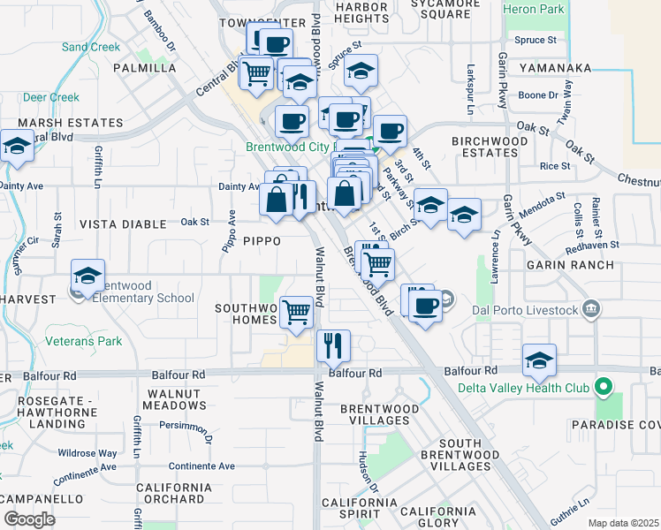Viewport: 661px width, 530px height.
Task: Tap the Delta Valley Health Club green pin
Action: tap(604, 387)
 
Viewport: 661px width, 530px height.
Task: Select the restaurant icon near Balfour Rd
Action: tap(333, 345)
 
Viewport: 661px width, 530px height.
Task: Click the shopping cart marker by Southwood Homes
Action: tap(297, 312)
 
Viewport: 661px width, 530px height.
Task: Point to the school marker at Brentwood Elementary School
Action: tap(88, 276)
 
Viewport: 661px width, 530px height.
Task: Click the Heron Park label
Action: tap(533, 9)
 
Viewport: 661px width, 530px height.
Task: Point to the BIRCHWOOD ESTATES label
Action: tap(490, 147)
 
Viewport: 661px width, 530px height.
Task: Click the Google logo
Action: tap(29, 519)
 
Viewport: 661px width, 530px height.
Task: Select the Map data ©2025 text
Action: tap(622, 523)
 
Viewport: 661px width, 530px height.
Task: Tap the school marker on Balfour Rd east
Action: tap(539, 360)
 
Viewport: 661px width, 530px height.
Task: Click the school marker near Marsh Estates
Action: tap(17, 147)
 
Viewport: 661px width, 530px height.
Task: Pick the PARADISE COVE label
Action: tap(625, 425)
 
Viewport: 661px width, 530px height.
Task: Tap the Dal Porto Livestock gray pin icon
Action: tap(590, 310)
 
